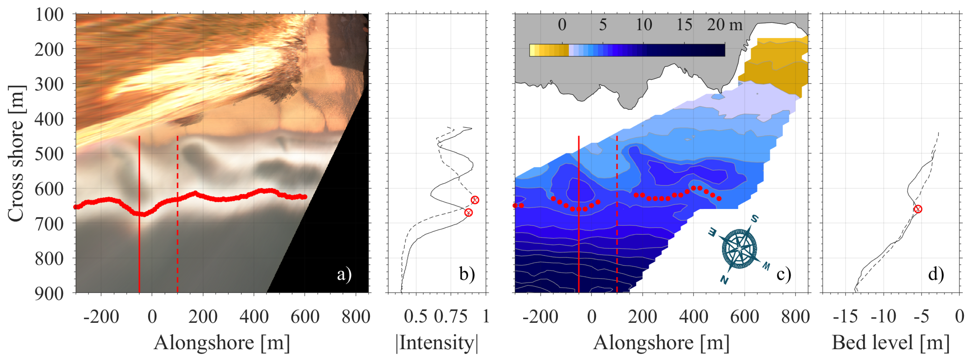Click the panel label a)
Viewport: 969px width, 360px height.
pos(344,274)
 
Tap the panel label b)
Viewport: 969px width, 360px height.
pos(467,274)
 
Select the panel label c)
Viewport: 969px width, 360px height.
pos(784,274)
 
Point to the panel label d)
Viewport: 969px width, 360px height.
pos(936,274)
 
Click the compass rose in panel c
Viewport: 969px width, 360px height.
pos(739,248)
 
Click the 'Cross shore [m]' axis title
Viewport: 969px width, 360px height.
pos(16,154)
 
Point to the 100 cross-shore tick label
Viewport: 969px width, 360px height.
pos(49,15)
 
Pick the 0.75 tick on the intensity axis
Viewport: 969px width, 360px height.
pos(451,316)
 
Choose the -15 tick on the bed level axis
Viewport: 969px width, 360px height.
pos(845,316)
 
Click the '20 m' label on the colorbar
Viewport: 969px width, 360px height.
pos(724,25)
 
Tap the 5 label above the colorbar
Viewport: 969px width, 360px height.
pos(603,25)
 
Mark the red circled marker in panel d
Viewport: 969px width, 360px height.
pos(918,209)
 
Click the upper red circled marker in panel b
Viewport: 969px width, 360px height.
pos(475,200)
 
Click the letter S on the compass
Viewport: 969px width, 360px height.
pos(754,218)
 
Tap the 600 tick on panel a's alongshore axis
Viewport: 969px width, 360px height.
pos(305,316)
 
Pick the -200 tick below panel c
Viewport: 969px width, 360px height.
pos(540,316)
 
